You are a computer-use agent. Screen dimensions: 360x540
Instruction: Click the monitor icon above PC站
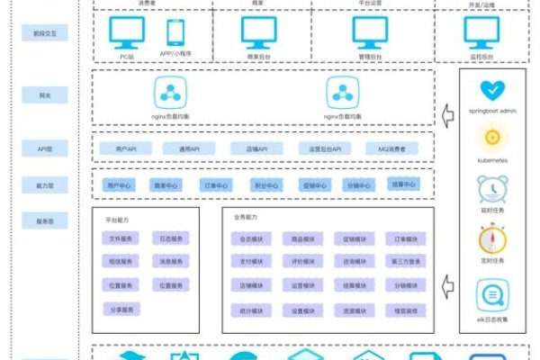(127, 32)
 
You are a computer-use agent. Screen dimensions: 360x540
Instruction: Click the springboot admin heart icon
(491, 90)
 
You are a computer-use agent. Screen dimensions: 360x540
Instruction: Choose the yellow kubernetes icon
(491, 138)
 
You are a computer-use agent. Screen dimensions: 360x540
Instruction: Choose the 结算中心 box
(404, 184)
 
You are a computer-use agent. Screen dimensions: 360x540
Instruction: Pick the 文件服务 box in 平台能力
(121, 238)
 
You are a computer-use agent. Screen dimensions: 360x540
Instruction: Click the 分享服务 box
(121, 309)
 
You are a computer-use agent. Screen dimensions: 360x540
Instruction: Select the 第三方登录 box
(404, 262)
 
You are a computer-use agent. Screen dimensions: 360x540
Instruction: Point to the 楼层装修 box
(404, 310)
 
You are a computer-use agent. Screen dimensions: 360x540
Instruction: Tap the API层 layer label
(45, 148)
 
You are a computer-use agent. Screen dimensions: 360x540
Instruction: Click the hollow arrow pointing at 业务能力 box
(447, 288)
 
